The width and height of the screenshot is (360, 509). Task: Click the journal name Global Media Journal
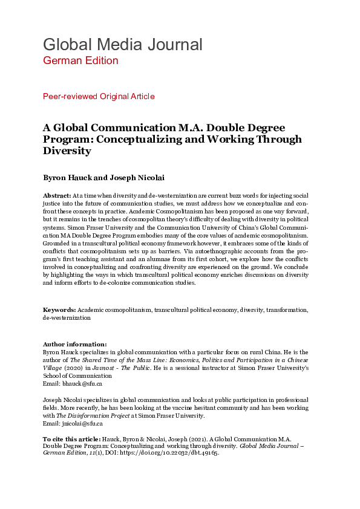122,44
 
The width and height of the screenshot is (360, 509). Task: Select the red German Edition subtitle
80,60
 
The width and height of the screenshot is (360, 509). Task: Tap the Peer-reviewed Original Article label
99,96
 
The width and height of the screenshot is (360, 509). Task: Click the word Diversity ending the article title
67,151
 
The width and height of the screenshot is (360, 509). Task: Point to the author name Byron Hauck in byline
67,178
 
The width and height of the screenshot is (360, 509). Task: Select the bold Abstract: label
57,196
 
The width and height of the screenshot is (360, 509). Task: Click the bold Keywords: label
60,309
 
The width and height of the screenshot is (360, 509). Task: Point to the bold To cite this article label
67,438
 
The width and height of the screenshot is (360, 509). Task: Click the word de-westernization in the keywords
67,317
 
